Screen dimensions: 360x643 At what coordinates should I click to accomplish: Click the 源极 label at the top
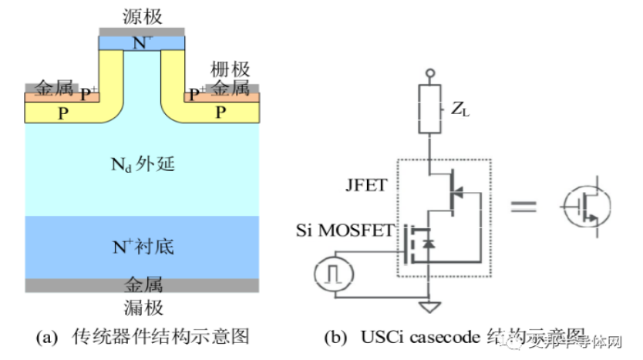click(x=142, y=16)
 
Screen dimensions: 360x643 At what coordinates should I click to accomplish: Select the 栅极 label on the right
click(x=230, y=71)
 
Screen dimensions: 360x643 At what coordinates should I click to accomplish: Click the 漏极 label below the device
click(x=143, y=308)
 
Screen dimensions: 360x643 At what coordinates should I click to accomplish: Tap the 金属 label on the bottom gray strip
click(x=143, y=285)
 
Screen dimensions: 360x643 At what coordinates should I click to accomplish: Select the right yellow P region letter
click(x=221, y=113)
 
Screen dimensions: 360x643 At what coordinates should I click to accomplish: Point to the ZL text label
click(x=460, y=111)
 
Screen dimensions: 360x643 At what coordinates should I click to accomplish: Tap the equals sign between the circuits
click(x=524, y=206)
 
